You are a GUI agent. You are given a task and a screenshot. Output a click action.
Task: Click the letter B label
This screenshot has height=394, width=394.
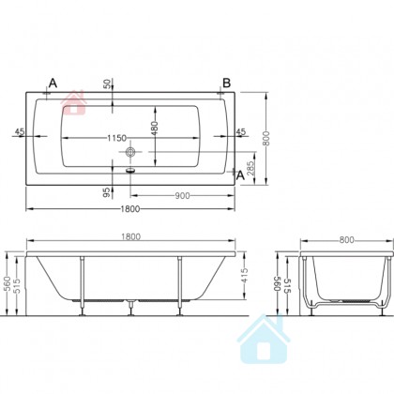coord(226,83)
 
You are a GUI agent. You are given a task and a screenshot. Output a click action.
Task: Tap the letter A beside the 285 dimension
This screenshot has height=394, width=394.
coord(240,175)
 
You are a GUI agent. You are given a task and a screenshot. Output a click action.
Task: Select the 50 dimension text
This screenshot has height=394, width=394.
coord(107,84)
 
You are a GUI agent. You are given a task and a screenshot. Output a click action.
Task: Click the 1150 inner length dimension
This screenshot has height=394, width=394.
coord(117,138)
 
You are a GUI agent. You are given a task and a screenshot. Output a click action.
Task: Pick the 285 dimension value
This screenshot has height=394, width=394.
coord(250,168)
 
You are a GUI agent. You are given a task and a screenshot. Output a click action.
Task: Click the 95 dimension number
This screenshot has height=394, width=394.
coord(107,192)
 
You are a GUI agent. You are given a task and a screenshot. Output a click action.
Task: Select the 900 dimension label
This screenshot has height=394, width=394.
coord(182,196)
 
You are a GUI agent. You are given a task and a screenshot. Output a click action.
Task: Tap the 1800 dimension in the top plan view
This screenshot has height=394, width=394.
coord(130,209)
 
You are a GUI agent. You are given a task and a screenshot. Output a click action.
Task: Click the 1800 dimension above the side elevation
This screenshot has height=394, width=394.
coord(130,236)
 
